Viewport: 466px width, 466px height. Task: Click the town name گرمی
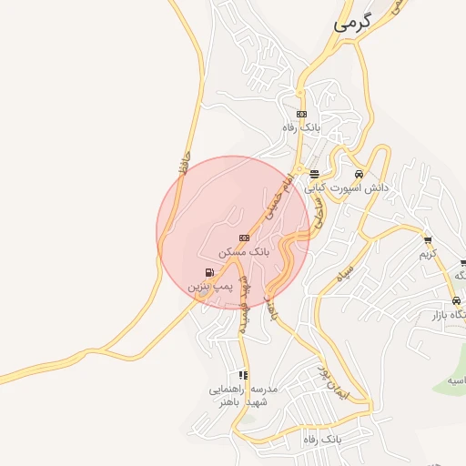click(x=354, y=25)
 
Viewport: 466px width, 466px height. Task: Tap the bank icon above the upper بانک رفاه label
click(x=301, y=114)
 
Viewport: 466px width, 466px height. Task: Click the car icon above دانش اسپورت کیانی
click(x=359, y=174)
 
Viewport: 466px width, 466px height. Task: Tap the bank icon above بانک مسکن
click(x=243, y=238)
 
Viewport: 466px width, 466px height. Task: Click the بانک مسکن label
click(x=243, y=251)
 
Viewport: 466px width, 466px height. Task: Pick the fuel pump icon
click(x=211, y=272)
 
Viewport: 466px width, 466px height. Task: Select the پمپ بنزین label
click(x=211, y=287)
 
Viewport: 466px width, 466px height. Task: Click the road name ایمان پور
click(x=333, y=386)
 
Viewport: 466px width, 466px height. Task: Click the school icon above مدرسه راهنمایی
click(x=242, y=374)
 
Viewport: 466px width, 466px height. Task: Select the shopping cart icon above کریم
click(x=428, y=240)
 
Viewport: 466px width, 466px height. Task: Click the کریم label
click(x=428, y=254)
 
